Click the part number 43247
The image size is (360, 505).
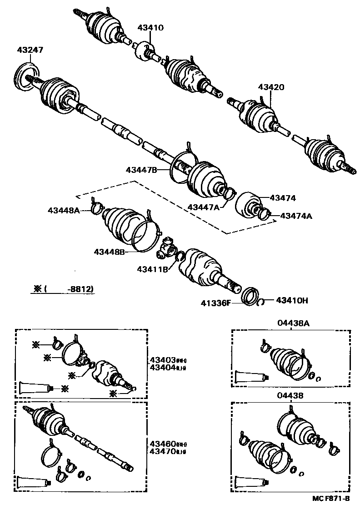30,50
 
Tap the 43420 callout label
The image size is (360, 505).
271,87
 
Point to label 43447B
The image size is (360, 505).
141,170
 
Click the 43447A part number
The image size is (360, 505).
204,207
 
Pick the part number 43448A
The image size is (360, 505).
64,210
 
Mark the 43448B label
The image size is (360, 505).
110,251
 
